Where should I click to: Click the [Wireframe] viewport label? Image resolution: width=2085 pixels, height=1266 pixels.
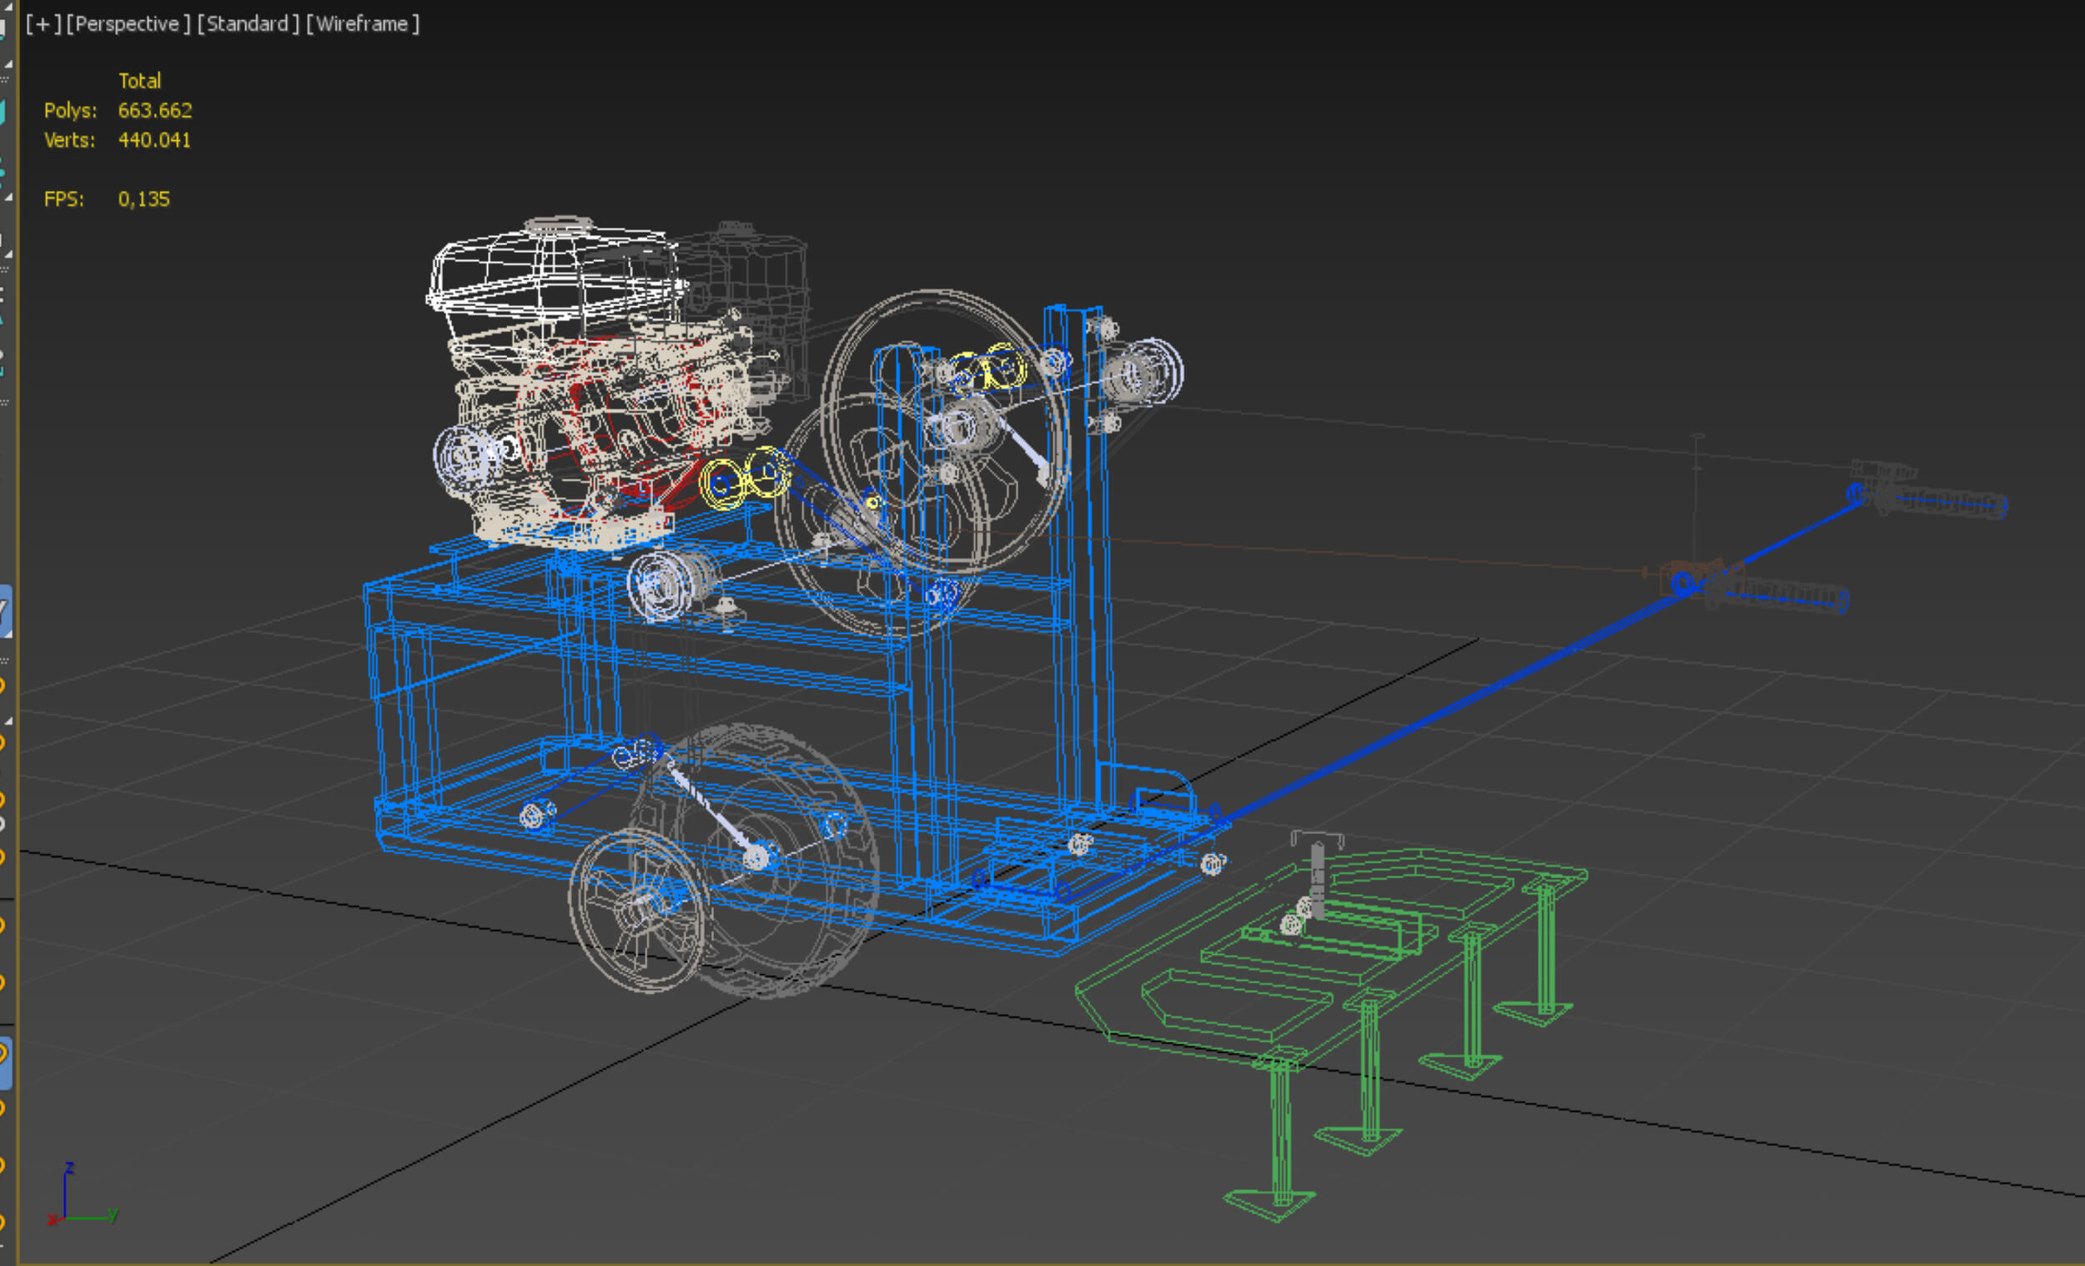coord(362,23)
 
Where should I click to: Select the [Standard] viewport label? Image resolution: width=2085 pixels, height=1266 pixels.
coord(248,23)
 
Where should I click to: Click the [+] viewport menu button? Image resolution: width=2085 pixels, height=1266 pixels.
coord(43,23)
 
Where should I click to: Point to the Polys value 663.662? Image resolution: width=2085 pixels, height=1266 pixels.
coord(155,110)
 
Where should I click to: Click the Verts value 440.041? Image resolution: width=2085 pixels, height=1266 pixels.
coord(154,139)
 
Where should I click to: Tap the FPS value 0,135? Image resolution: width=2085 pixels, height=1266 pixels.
coord(143,198)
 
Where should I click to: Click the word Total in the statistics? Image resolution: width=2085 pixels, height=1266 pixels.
coord(139,80)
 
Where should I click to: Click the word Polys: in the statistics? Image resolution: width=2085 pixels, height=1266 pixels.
coord(70,110)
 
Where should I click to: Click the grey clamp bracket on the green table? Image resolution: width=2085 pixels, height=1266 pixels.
coord(1316,872)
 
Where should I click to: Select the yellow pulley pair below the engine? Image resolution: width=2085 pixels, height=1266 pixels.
coord(745,478)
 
